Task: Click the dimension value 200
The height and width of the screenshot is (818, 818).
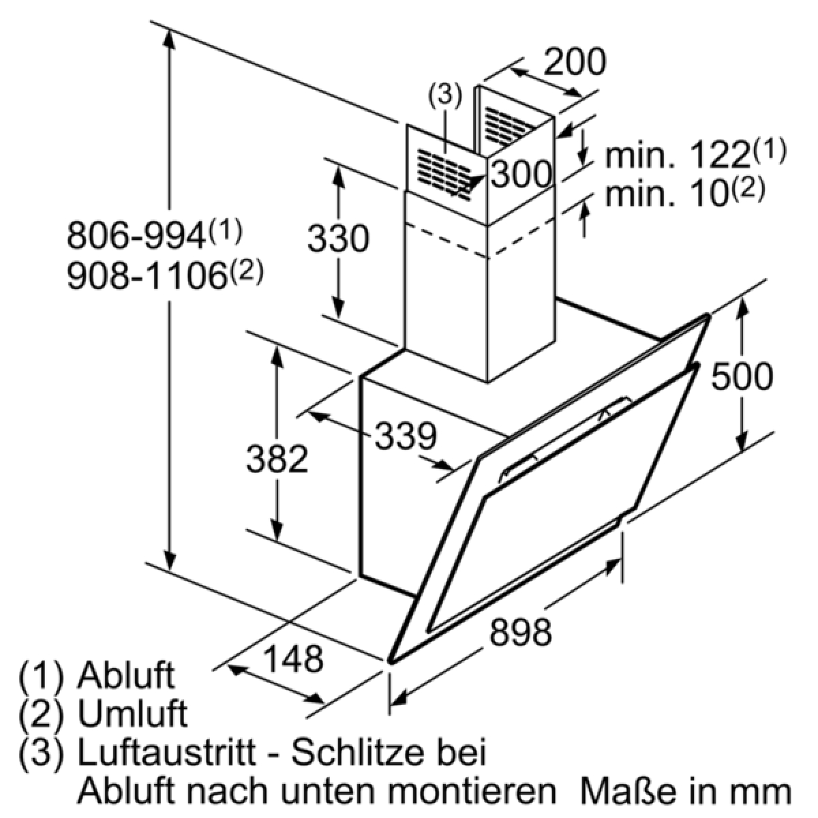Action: pyautogui.click(x=575, y=62)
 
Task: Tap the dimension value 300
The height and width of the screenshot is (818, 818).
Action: pyautogui.click(x=521, y=174)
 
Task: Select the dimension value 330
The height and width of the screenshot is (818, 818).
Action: pyautogui.click(x=338, y=239)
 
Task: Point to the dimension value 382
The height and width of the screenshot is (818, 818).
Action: pyautogui.click(x=277, y=459)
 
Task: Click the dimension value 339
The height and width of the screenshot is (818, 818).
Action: pyautogui.click(x=406, y=436)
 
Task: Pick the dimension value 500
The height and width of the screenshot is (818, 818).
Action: pyautogui.click(x=742, y=376)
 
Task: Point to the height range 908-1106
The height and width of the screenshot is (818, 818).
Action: pyautogui.click(x=147, y=277)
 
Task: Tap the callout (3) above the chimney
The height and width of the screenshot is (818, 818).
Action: pyautogui.click(x=444, y=96)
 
